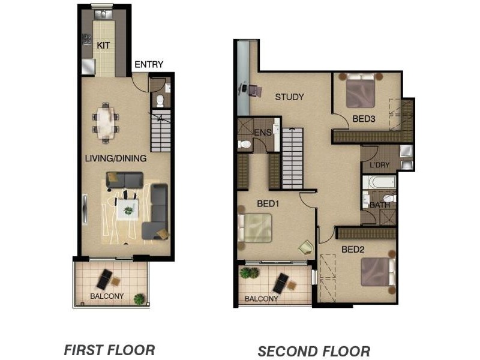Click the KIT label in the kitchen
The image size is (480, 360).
coord(103,44)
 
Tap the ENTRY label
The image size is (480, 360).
coord(148,65)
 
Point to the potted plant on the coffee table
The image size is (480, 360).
coord(128,210)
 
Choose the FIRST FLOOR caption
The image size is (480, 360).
coord(109,349)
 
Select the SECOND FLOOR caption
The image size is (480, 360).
coord(314,351)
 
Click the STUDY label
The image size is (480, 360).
coord(289,97)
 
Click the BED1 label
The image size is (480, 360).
coord(268,203)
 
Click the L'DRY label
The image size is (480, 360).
coord(380,165)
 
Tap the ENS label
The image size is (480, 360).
coord(262,132)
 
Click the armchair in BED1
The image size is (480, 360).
coord(305,247)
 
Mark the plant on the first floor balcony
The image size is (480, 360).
coord(140,298)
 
